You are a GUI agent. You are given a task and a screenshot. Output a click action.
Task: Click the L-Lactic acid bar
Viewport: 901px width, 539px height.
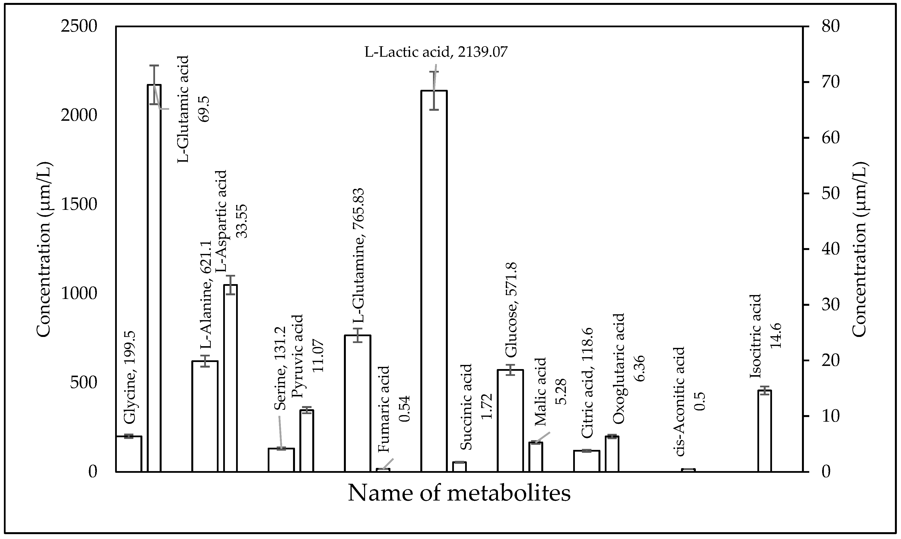click(x=434, y=283)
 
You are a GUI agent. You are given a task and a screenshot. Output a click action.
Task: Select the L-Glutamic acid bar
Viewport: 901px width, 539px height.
click(x=154, y=280)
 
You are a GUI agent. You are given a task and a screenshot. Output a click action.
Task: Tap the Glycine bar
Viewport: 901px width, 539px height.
click(x=129, y=454)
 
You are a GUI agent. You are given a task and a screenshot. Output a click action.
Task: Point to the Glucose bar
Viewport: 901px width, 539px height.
click(x=510, y=421)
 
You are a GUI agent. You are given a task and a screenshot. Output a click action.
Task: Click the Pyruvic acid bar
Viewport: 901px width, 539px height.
click(x=307, y=441)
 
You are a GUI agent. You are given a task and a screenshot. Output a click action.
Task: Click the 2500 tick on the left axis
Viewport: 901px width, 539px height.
click(x=79, y=27)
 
